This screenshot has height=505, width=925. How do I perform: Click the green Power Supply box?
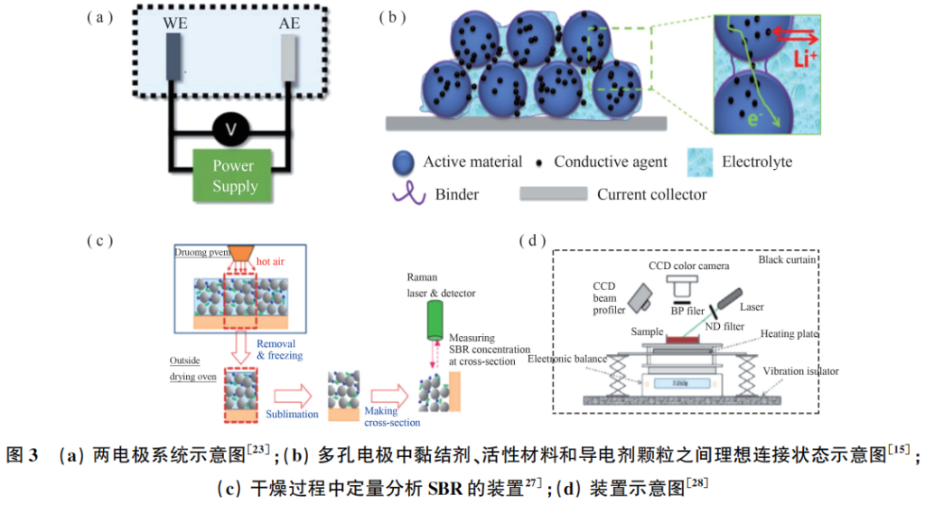click(x=234, y=176)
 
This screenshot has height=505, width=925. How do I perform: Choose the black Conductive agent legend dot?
click(x=540, y=164)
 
